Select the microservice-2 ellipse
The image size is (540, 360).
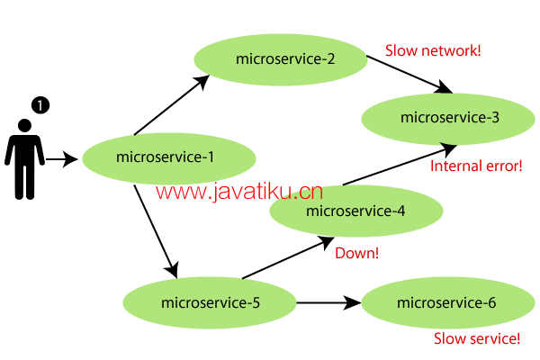pos(281,59)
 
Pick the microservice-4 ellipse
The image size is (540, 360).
pos(356,212)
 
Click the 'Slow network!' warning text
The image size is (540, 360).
pos(433,50)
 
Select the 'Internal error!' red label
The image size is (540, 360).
pos(476,166)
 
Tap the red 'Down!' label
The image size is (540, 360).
pos(356,254)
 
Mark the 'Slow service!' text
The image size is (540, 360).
pos(477,339)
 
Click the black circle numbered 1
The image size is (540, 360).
pos(40,105)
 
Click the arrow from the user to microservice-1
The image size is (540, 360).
pos(61,160)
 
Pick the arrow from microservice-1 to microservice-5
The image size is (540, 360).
pos(155,229)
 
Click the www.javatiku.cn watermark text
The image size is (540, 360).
pos(239,191)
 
